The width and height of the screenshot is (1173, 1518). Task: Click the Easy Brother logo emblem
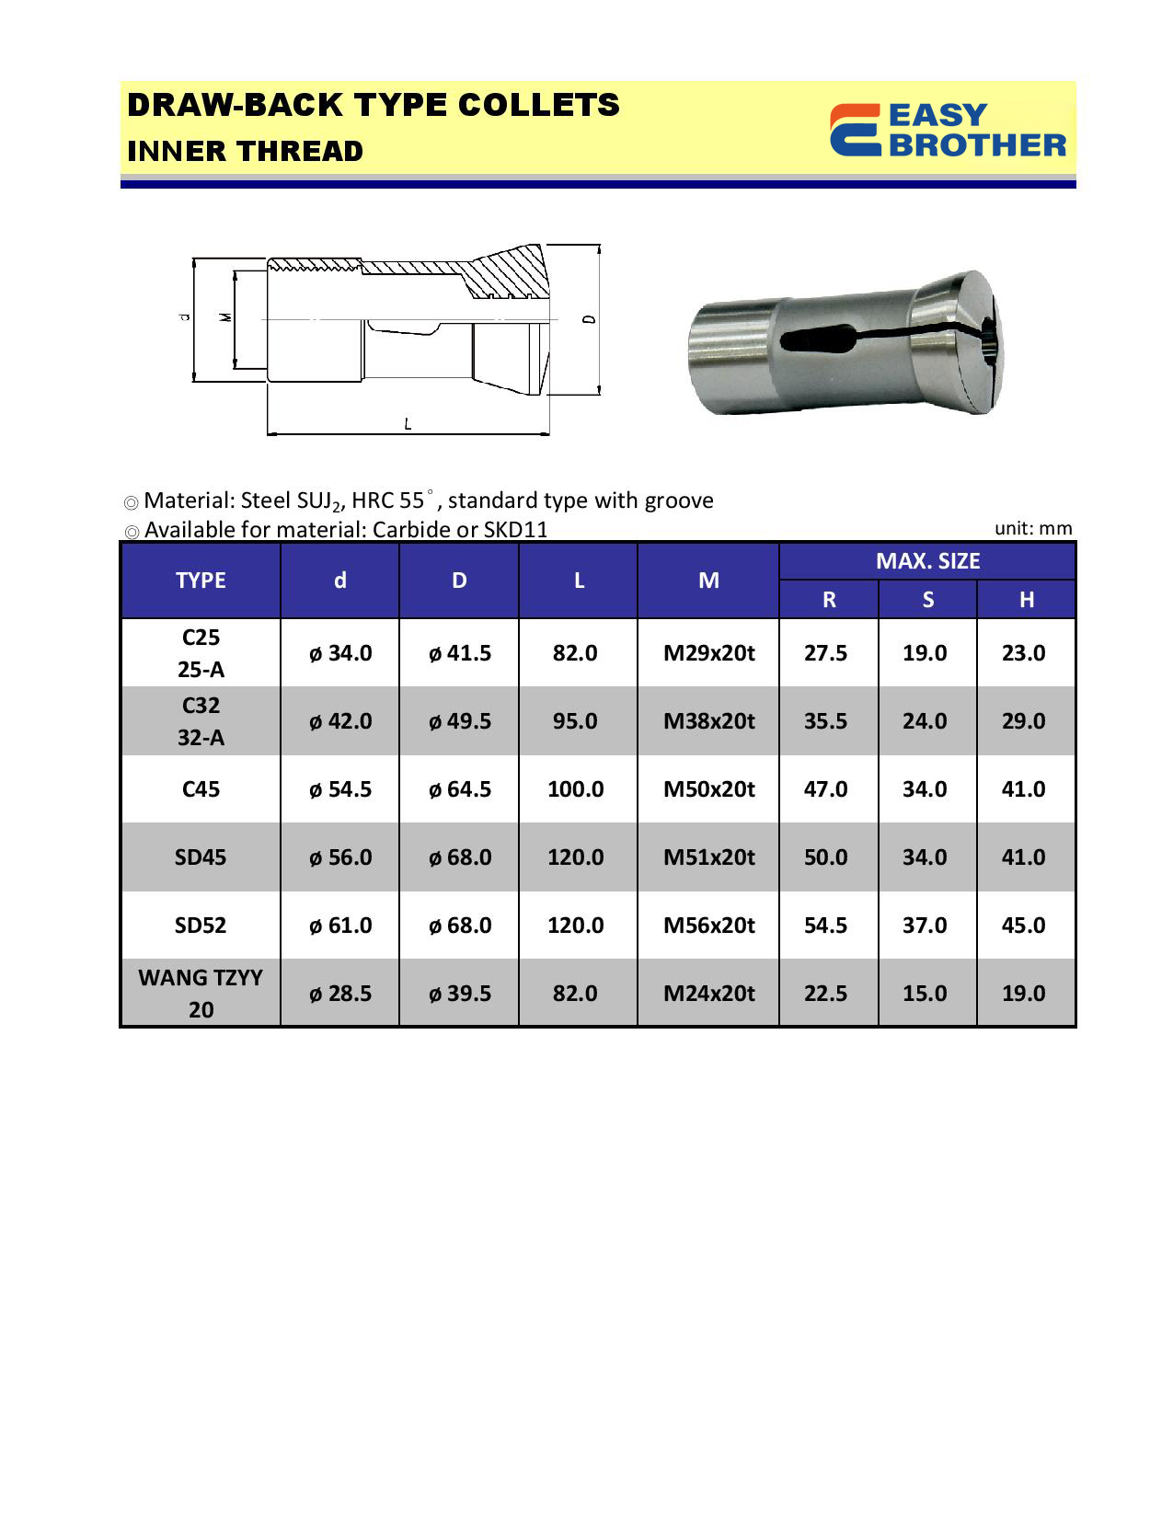tap(855, 130)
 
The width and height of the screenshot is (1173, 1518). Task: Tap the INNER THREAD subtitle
tap(245, 151)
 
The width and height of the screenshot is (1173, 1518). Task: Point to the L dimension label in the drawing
tap(408, 423)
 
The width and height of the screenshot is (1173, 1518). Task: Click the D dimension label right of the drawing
tap(590, 319)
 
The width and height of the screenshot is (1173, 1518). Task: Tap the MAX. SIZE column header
tap(927, 561)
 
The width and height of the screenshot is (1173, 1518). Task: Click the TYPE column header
tap(201, 581)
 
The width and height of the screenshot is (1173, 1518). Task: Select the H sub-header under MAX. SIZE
tap(1026, 600)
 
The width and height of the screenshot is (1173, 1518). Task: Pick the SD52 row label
tap(201, 926)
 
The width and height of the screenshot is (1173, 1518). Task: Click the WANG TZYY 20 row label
tap(201, 994)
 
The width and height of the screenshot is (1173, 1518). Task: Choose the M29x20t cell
tap(708, 653)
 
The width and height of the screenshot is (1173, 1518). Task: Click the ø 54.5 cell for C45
tap(340, 789)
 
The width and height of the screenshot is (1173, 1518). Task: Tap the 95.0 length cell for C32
tap(575, 721)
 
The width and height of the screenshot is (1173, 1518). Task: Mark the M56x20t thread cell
tap(708, 926)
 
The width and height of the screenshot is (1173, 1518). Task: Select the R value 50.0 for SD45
tap(825, 857)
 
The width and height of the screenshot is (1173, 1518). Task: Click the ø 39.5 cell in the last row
tap(460, 994)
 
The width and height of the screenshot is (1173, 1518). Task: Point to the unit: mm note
tap(1033, 528)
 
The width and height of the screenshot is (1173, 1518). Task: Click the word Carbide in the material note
tap(410, 530)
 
